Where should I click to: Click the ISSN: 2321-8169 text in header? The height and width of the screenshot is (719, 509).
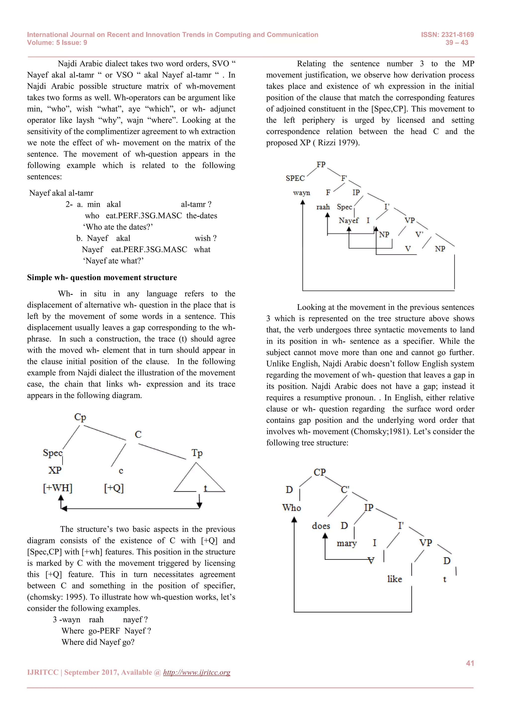tap(447, 35)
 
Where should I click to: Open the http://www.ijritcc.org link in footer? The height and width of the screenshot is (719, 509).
tap(197, 672)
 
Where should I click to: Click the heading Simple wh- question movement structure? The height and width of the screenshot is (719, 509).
tap(102, 277)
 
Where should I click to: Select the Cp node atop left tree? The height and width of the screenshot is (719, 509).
tap(80, 417)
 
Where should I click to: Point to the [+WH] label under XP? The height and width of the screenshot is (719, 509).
tap(58, 488)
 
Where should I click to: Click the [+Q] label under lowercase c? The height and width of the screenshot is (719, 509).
tap(114, 488)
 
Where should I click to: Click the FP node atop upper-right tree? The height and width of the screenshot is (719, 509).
tap(321, 165)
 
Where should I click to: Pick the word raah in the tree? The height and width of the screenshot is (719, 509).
tap(323, 207)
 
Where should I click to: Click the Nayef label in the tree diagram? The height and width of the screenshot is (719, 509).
tap(348, 221)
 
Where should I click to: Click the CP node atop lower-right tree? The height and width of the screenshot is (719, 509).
tap(320, 472)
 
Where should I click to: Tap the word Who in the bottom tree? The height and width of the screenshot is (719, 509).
tap(292, 508)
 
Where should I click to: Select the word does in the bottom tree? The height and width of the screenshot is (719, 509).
tap(321, 526)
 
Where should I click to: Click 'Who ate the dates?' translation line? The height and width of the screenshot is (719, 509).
tap(118, 227)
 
